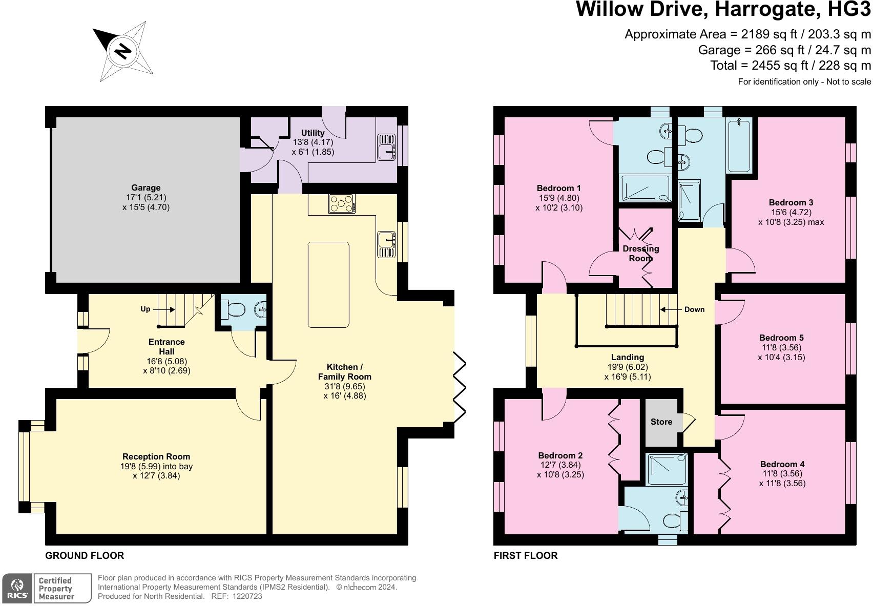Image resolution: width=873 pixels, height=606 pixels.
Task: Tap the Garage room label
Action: click(146, 187)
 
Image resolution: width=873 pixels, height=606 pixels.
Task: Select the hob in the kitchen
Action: click(342, 203)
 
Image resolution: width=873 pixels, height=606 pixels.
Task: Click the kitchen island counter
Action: click(328, 284)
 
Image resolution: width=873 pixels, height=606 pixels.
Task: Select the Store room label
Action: click(661, 422)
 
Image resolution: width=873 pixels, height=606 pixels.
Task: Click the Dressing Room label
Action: click(641, 254)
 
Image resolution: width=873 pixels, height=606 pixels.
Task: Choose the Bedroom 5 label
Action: click(781, 338)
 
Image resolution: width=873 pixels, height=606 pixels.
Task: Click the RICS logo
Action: click(17, 589)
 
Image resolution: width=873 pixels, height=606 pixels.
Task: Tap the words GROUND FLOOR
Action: click(85, 556)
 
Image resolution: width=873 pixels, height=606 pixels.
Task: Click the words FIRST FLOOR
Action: click(526, 556)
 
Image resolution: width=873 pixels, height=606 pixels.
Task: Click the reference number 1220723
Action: click(247, 596)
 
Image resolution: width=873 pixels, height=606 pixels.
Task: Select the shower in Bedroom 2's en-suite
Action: click(667, 469)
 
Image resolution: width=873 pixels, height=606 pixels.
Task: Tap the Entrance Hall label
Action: click(167, 346)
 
